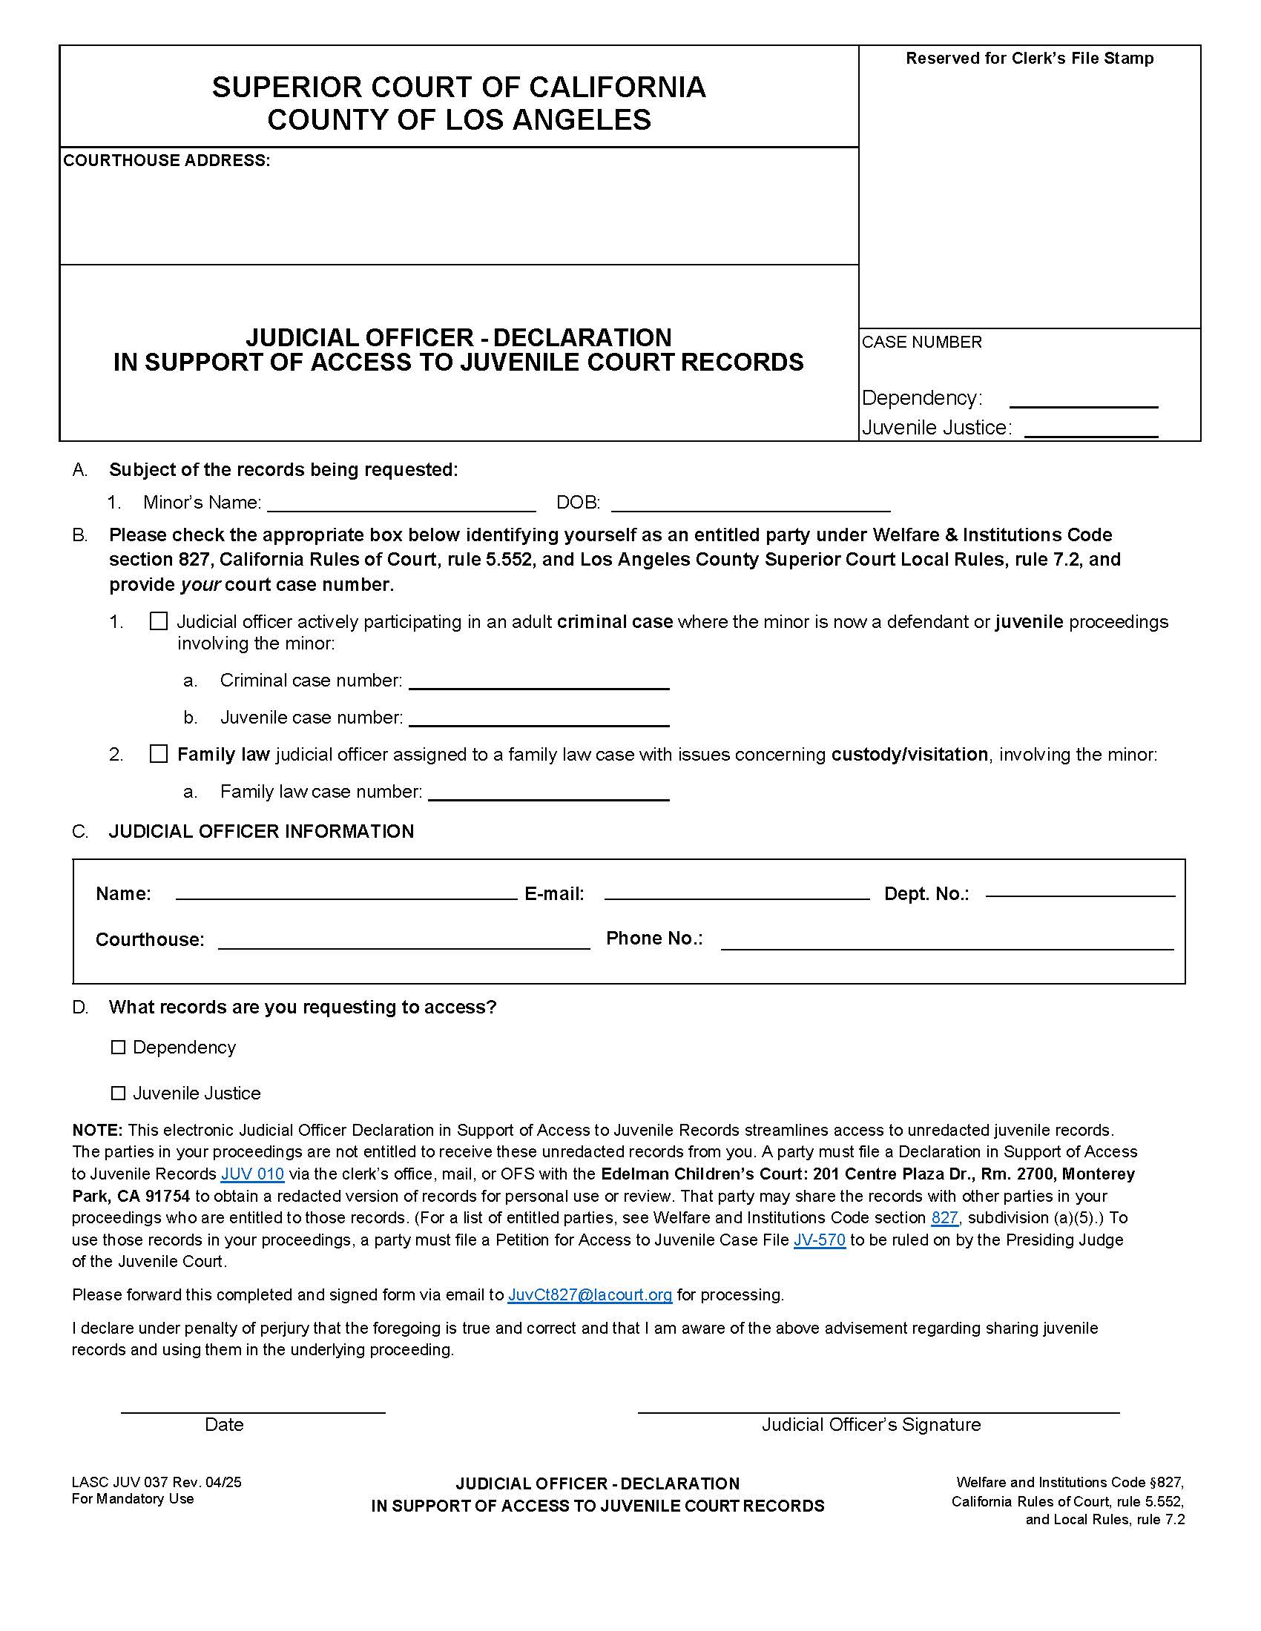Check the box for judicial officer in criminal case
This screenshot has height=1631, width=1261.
[159, 621]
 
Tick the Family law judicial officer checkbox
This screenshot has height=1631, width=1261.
[159, 753]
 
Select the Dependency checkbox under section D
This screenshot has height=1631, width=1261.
[118, 1047]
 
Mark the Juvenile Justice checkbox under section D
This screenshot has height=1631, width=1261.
[118, 1094]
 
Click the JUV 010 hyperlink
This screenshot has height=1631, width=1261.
[252, 1174]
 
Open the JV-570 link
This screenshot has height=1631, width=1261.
[820, 1240]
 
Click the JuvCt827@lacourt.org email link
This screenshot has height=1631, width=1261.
[590, 1295]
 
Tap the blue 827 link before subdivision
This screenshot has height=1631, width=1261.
[944, 1218]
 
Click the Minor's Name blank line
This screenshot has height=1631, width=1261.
[401, 504]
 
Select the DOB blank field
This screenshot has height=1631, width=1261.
[751, 504]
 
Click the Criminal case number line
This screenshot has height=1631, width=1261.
[539, 681]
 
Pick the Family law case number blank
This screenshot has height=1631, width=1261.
[549, 793]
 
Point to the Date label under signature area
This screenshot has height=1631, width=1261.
[224, 1425]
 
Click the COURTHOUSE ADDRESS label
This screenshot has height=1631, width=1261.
[167, 161]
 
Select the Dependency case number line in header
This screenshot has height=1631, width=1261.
[1083, 400]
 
